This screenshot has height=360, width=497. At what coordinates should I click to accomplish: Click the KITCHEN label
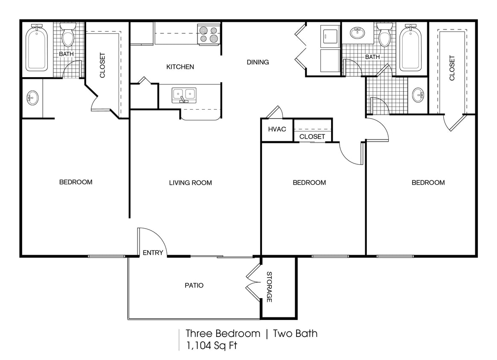[180, 67]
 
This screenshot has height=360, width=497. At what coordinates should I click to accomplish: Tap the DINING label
[258, 62]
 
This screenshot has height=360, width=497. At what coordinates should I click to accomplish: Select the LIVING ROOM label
[190, 183]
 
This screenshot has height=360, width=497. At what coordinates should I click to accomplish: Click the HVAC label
[277, 129]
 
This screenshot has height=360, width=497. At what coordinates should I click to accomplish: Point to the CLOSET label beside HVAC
[312, 136]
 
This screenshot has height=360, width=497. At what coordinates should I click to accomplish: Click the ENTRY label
[153, 253]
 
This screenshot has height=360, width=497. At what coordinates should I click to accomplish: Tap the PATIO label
[194, 285]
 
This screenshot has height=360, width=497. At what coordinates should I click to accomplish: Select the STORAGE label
[269, 287]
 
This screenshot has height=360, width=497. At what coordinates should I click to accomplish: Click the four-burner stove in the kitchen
[209, 34]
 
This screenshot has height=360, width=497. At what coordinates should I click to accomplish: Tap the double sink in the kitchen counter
[184, 94]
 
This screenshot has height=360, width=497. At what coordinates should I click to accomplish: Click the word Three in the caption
[199, 333]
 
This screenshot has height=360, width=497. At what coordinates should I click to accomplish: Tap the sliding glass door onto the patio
[222, 257]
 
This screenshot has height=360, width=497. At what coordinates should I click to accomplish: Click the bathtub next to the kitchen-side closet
[37, 47]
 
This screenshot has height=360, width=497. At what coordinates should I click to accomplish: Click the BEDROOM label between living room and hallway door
[309, 183]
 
